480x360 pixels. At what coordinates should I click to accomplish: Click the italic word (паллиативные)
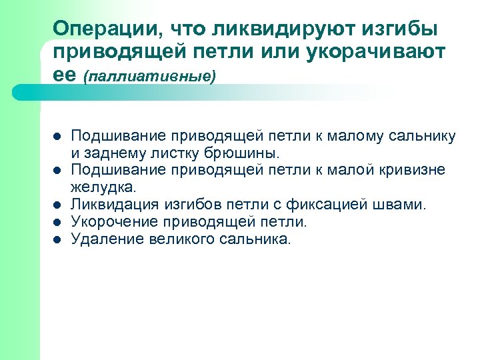tap(151, 77)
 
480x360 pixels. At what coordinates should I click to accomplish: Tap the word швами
tap(401, 203)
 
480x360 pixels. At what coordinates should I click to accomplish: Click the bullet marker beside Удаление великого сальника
tap(57, 239)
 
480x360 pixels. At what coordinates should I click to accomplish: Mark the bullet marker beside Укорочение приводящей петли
tap(57, 221)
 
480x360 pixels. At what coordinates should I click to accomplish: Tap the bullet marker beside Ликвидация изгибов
tap(57, 204)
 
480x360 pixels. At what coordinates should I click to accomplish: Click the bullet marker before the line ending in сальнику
tap(57, 137)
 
